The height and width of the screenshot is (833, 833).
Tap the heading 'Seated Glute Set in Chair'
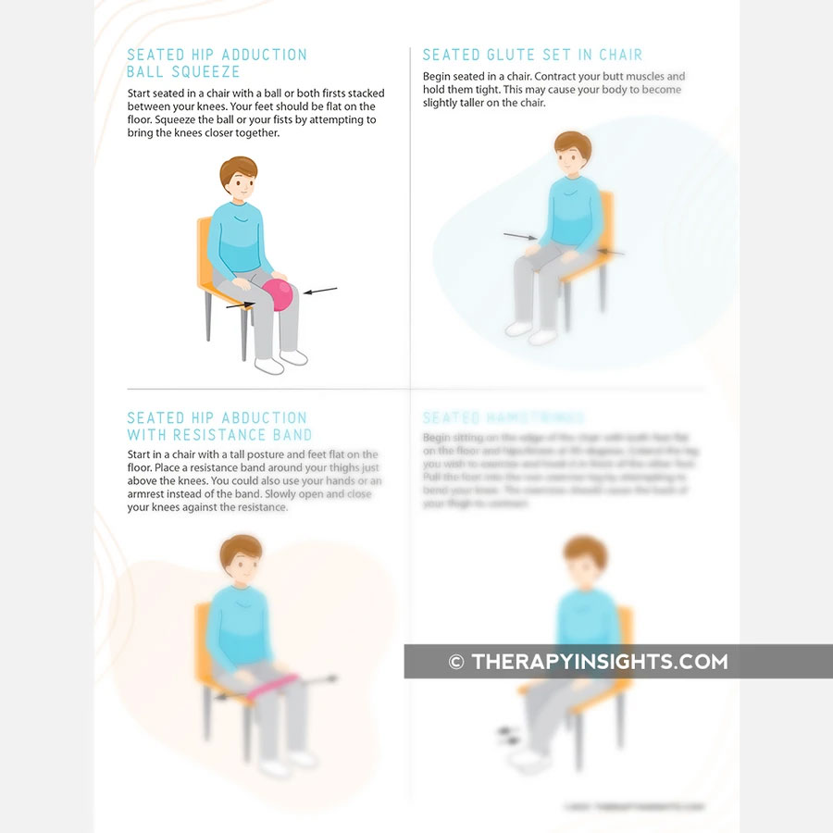click(x=532, y=56)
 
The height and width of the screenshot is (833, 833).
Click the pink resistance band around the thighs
click(x=268, y=685)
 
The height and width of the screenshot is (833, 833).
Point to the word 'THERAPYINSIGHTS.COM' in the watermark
click(x=600, y=662)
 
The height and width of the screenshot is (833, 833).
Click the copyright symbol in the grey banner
click(x=455, y=662)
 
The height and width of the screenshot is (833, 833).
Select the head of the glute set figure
click(x=572, y=155)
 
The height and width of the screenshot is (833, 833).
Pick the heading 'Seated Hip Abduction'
click(x=217, y=418)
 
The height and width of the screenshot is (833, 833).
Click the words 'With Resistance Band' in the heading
click(x=219, y=435)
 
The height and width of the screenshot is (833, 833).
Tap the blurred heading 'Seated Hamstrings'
click(x=504, y=418)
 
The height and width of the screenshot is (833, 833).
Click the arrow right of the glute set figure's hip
click(x=611, y=251)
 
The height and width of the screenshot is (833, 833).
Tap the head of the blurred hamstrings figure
click(x=585, y=560)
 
